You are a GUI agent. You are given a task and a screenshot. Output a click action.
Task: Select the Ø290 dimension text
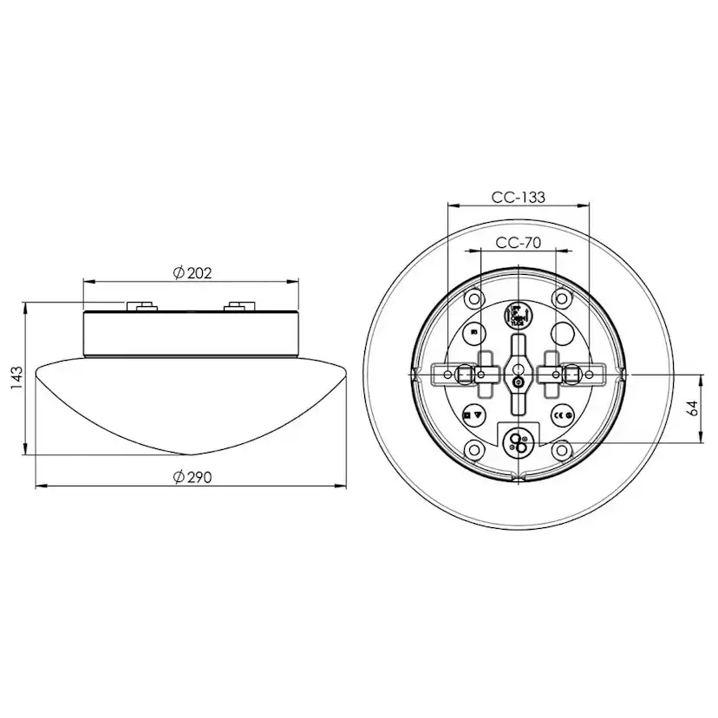(x=193, y=477)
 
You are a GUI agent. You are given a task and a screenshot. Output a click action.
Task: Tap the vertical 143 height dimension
(x=15, y=378)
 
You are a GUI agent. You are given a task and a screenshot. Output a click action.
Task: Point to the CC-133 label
(x=518, y=197)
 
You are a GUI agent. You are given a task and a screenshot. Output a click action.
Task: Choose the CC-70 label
(x=518, y=243)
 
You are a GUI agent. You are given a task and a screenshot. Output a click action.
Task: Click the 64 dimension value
(x=692, y=408)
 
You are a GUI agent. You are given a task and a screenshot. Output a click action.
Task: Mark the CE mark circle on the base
(x=562, y=414)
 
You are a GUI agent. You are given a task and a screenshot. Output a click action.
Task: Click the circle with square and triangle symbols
(x=473, y=415)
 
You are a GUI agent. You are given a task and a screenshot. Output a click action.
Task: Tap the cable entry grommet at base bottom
(x=519, y=443)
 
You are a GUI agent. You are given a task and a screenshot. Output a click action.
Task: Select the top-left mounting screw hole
(x=473, y=299)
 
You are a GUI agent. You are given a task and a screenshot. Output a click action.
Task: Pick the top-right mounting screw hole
(x=563, y=299)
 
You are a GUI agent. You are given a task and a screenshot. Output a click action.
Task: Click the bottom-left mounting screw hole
(x=473, y=449)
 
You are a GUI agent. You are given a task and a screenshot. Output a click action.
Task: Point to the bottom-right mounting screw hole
(x=563, y=449)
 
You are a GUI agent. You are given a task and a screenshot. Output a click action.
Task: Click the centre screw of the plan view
(x=518, y=381)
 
